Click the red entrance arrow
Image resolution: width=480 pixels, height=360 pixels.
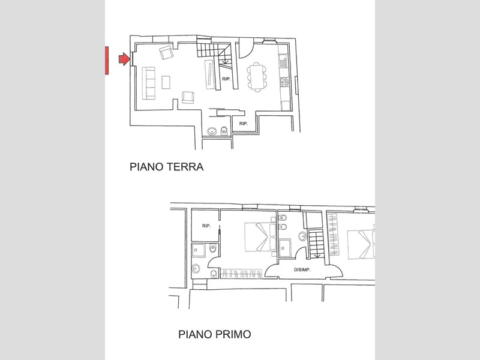point(124,59)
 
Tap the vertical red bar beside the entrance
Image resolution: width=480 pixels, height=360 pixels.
point(106,61)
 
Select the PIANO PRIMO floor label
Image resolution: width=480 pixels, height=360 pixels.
point(214,333)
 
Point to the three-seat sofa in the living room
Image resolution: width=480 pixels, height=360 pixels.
point(149,83)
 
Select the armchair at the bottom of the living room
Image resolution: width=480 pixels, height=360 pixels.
point(187,97)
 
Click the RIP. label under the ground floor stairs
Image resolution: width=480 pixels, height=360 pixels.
point(226,79)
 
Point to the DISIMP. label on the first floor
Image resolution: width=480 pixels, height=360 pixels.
point(301,269)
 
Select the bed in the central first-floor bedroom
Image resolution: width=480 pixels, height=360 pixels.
point(256,237)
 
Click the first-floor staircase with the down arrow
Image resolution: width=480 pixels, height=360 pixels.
point(316,243)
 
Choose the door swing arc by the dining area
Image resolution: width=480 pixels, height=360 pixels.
point(245,48)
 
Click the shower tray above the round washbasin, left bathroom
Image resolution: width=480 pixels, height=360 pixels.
point(199,251)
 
